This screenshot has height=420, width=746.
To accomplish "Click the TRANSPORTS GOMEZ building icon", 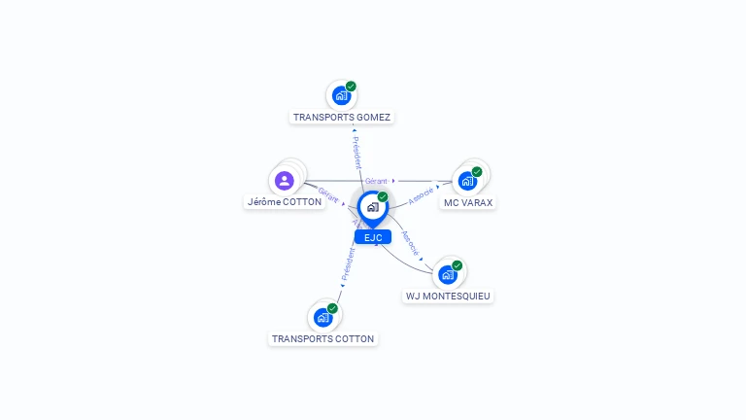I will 340,95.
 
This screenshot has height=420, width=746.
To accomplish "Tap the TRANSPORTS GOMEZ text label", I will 342,117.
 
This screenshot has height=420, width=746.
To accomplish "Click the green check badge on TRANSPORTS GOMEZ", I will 351,87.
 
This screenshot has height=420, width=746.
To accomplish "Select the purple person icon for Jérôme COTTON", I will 284,181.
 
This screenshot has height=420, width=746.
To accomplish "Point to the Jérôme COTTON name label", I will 284,202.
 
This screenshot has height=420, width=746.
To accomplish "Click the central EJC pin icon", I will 372,207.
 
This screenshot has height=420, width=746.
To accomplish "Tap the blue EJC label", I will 372,237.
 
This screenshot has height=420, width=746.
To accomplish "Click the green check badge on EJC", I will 383,197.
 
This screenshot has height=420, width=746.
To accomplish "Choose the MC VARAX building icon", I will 467,182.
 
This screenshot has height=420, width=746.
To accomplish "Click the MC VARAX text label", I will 468,203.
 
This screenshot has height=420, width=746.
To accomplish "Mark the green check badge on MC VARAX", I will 477,172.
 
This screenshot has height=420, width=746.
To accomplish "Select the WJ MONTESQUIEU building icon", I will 447,274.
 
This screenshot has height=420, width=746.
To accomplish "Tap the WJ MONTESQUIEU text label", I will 448,296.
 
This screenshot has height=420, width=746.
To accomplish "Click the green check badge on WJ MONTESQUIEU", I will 457,265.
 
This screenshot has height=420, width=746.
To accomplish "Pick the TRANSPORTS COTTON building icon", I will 322,318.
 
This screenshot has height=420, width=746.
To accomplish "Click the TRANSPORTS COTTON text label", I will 322,339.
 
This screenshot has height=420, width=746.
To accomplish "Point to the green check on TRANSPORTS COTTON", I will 332,308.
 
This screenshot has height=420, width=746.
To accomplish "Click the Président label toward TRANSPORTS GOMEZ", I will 356,154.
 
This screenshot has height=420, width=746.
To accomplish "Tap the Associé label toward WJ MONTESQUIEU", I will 411,244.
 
